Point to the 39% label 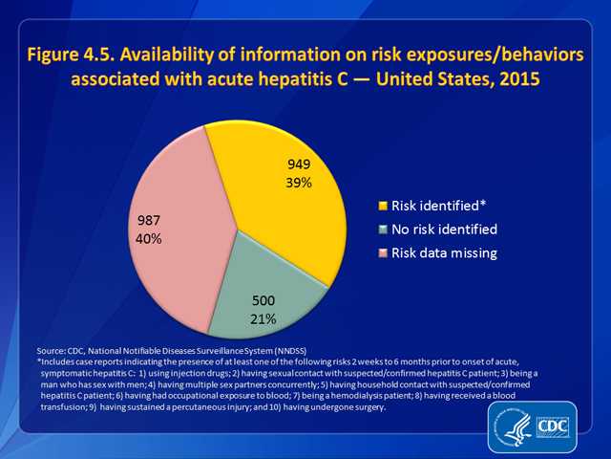point(302,183)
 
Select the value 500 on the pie point(263,301)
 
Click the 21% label point(263,318)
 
